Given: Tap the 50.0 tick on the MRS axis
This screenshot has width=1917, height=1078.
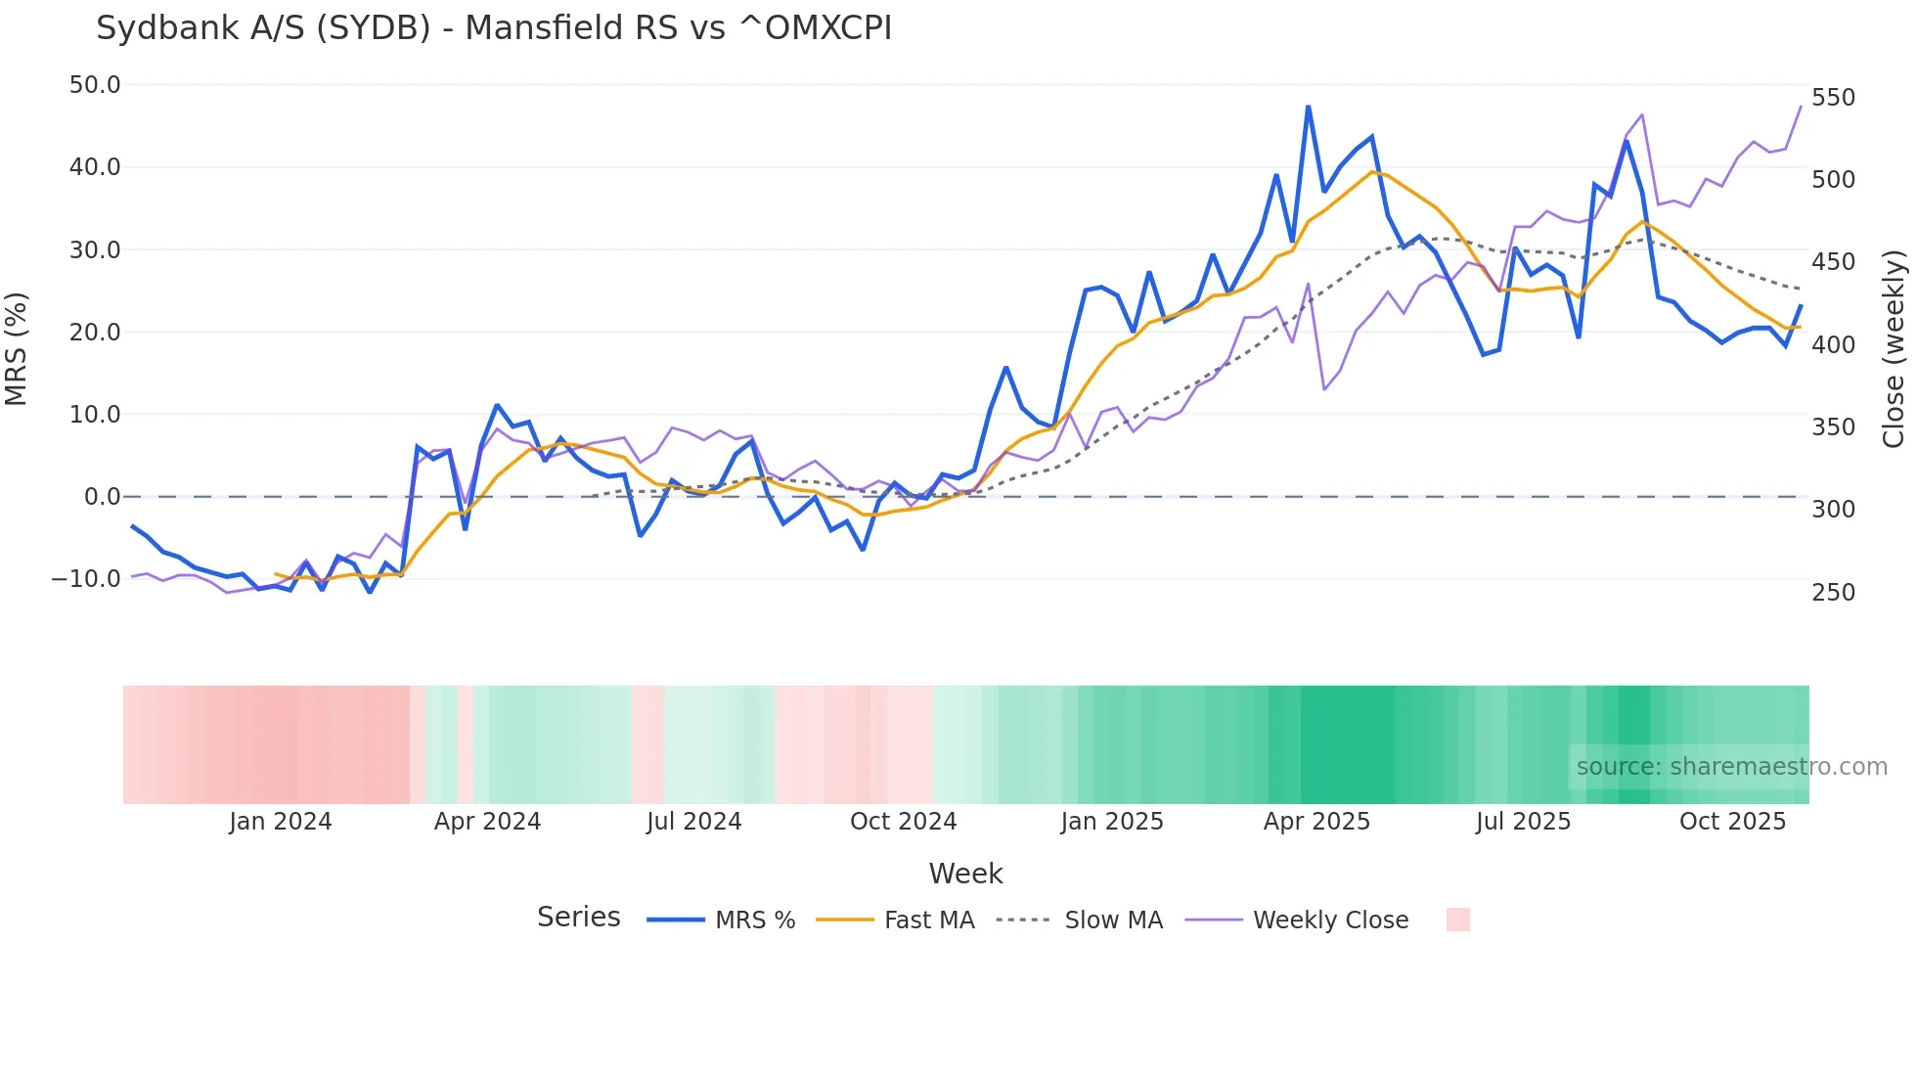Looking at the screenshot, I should (95, 85).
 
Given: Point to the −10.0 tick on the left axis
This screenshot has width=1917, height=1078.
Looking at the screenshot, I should (86, 579).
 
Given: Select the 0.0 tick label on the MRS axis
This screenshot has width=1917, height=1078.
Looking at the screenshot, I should (103, 497).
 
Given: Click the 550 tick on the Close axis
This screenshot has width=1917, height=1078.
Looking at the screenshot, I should (1833, 98).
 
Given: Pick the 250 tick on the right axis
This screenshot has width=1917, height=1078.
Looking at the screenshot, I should (1833, 593).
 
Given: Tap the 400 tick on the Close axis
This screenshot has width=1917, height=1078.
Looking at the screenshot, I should (1833, 345).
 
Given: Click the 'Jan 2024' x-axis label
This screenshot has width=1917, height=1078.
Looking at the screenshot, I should (281, 822).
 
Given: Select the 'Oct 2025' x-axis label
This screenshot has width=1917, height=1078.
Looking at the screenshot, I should (1732, 822).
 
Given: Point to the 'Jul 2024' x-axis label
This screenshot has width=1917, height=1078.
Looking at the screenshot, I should (693, 822).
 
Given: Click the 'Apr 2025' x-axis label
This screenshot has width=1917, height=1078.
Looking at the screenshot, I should (1316, 822).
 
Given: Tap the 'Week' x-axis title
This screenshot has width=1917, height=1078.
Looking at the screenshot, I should (965, 874).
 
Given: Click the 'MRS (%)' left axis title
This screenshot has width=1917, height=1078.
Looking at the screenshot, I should (17, 348).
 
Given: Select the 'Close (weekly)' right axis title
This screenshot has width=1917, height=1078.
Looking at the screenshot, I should (1894, 348).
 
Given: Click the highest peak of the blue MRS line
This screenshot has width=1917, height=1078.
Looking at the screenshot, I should (1308, 107).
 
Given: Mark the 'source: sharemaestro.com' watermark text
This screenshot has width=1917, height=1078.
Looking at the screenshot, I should (1731, 767).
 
